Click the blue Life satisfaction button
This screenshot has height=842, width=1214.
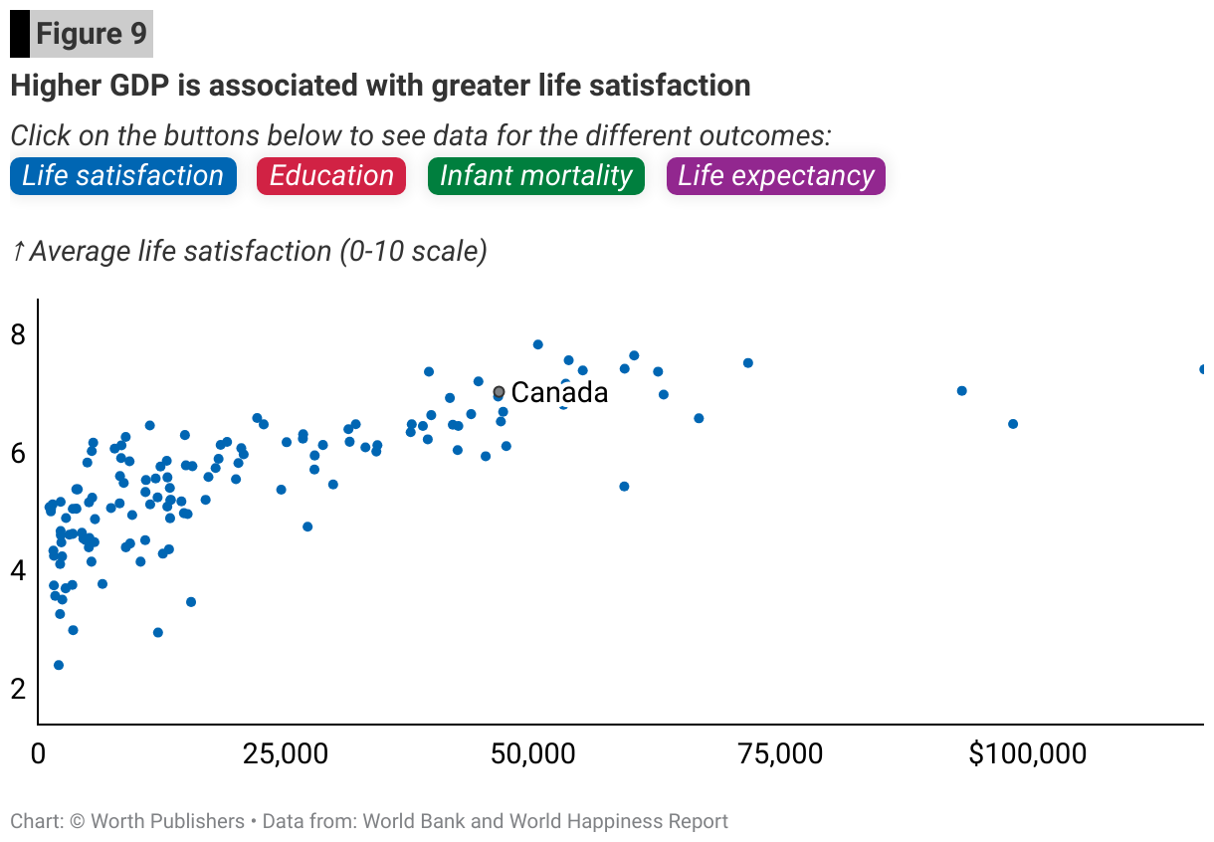[x=123, y=176]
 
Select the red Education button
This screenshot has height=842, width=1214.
[x=331, y=176]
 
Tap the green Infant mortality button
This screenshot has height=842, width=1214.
[x=535, y=176]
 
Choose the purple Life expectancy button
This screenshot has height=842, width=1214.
[x=776, y=176]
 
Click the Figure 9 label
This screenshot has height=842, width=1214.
[x=92, y=35]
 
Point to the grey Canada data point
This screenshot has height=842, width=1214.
[x=499, y=392]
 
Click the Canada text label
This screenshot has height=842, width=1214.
[x=559, y=393]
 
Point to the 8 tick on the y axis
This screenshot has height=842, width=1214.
[x=18, y=334]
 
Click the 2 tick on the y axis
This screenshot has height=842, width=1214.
[x=18, y=689]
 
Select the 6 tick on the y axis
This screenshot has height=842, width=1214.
[x=18, y=453]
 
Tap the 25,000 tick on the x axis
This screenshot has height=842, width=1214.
[x=286, y=754]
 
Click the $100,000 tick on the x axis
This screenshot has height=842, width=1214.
[x=1027, y=754]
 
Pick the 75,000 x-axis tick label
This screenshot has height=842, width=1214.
[x=780, y=754]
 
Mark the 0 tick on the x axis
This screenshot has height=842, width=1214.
[x=38, y=754]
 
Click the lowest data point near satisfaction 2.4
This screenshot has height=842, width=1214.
[x=58, y=665]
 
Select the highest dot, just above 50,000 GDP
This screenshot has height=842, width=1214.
[x=537, y=344]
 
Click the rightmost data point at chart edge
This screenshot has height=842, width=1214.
[x=1203, y=369]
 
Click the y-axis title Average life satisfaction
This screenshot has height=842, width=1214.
[x=257, y=251]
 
